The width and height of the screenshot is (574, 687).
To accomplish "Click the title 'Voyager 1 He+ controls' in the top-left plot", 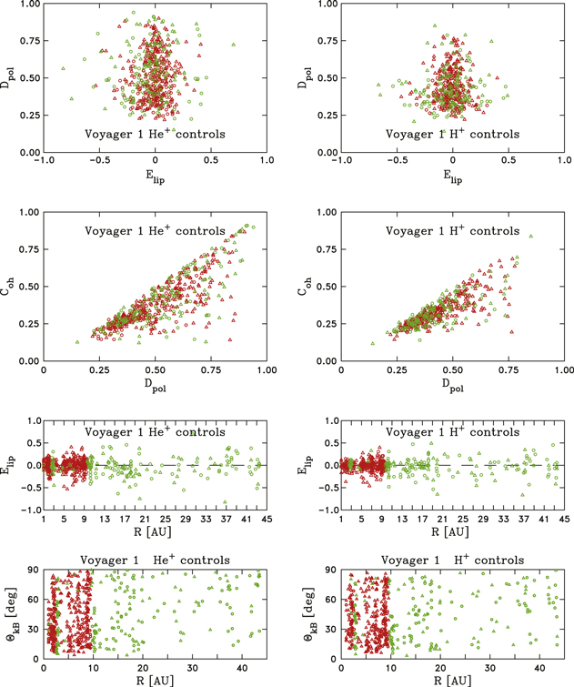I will (x=155, y=134).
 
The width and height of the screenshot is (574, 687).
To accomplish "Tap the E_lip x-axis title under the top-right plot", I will (x=452, y=179).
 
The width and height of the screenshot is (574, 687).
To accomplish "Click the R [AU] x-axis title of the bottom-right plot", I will (x=452, y=679).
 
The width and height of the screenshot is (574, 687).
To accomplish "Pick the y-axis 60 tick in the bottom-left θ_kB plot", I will (x=34, y=601).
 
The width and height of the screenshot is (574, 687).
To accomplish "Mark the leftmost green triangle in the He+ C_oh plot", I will (x=77, y=342).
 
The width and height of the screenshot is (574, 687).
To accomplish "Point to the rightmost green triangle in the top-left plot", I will (x=234, y=44).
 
